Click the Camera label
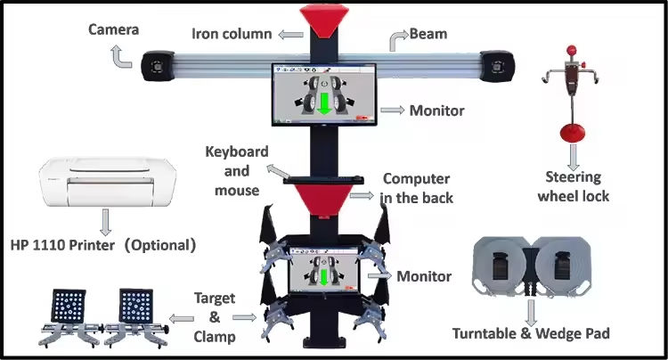(x=113, y=30)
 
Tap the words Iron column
(x=231, y=35)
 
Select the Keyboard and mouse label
(x=237, y=170)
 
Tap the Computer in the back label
(x=416, y=188)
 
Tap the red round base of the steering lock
(x=570, y=135)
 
